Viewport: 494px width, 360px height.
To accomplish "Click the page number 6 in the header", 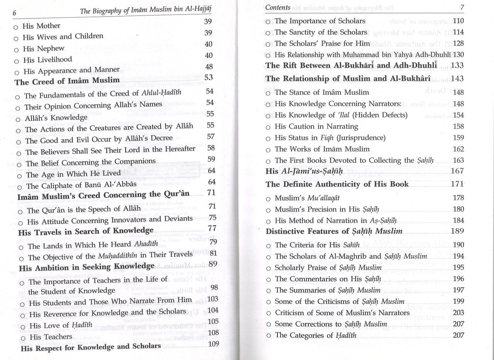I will tap(14, 13).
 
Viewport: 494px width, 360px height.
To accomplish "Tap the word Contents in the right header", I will tap(278, 7).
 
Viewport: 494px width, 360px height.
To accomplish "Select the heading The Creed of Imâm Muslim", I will tap(67, 81).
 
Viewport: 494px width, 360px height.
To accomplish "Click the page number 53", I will tap(208, 78).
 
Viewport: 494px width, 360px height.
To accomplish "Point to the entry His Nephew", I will tap(44, 49).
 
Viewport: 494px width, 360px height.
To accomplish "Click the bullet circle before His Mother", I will tap(15, 27).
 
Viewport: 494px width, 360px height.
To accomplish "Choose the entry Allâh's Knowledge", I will tap(56, 118).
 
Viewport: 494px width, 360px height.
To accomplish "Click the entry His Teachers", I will tap(51, 337).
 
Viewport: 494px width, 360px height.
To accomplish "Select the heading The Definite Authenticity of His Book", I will tap(337, 184).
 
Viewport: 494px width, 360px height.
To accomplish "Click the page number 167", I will tap(457, 170).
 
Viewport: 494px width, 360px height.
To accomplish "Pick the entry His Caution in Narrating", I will tap(316, 127).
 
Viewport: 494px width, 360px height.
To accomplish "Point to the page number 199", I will tap(458, 301).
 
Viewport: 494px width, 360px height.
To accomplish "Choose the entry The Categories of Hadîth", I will tap(315, 335).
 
